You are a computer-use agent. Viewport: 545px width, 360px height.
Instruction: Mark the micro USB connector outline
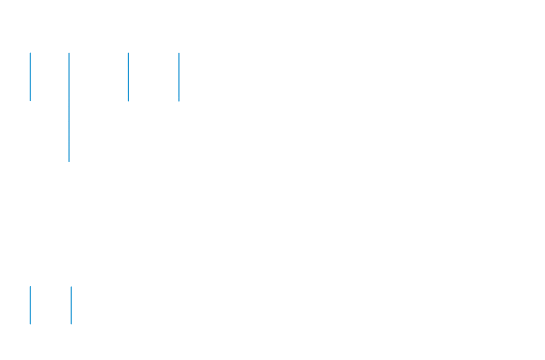[x=128, y=104]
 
